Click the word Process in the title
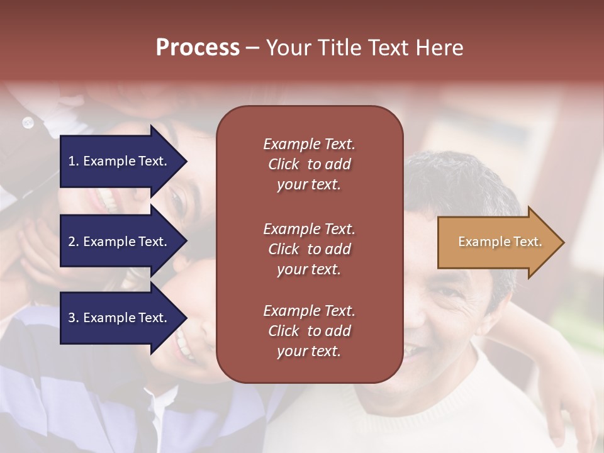198,48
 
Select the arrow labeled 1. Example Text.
120,161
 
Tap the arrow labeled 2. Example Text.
120,242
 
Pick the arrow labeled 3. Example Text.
120,318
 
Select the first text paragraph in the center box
309,164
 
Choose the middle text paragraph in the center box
309,249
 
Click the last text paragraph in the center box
309,331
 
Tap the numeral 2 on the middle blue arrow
71,242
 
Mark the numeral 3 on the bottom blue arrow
71,318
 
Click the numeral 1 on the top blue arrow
71,161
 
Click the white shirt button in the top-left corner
28,123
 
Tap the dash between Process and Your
252,48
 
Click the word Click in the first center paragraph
284,164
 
